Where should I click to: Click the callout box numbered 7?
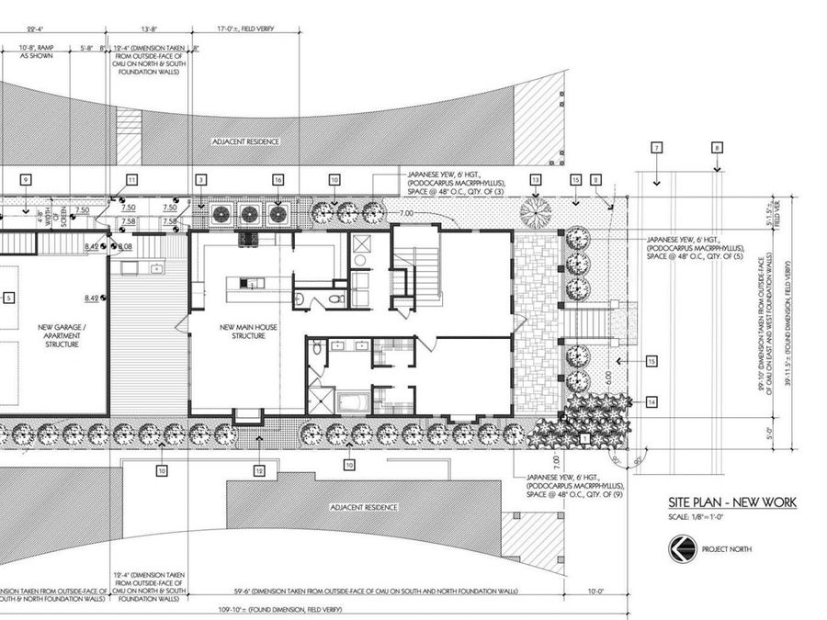(x=656, y=148)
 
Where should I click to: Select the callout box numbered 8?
(x=717, y=147)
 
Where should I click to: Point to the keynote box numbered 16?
(x=277, y=179)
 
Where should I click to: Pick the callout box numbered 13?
(x=536, y=179)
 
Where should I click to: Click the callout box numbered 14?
(x=651, y=401)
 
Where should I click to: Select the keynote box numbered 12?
(x=260, y=471)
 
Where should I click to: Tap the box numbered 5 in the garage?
(x=8, y=298)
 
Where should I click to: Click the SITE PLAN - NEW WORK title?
(x=732, y=502)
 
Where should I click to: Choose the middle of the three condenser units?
(x=249, y=214)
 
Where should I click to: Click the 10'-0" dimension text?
(x=595, y=592)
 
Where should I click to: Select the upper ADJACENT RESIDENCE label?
(x=244, y=141)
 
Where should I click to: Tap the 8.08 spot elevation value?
(x=125, y=246)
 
